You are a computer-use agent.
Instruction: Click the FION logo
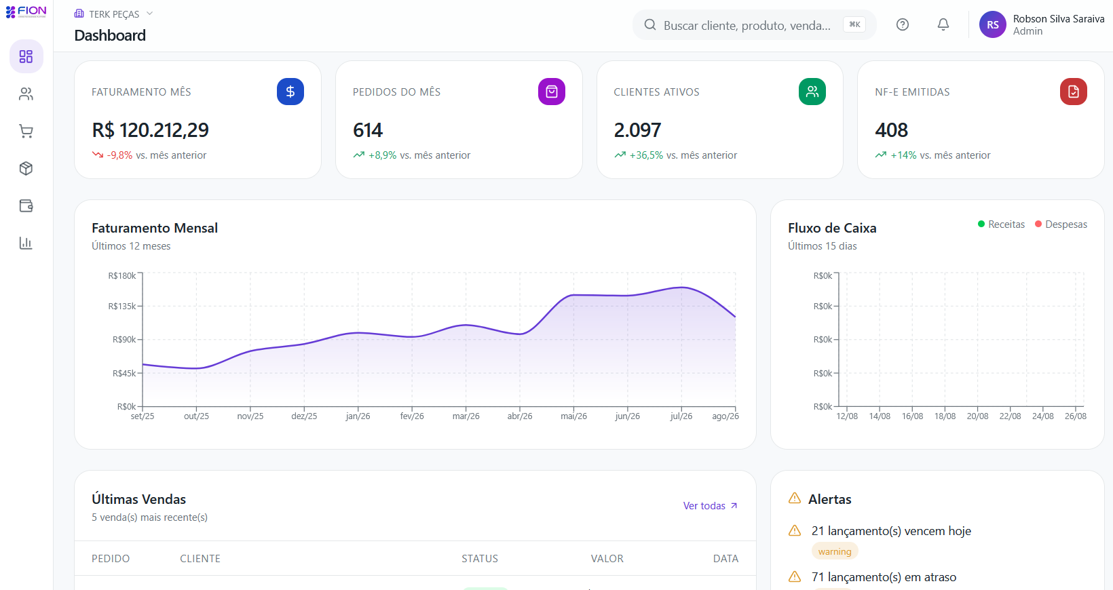(26, 12)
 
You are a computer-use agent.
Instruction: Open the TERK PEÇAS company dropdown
(113, 14)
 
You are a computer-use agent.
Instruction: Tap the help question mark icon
(903, 25)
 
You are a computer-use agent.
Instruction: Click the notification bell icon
(943, 25)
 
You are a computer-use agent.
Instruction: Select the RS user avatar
(993, 25)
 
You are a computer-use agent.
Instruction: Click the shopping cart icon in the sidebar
(26, 131)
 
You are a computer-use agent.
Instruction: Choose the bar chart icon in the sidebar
(26, 243)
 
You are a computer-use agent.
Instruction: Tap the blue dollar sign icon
(290, 92)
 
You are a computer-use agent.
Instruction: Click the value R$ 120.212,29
(150, 130)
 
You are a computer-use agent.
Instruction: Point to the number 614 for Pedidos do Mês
(368, 130)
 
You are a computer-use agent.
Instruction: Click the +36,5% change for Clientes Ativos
(646, 155)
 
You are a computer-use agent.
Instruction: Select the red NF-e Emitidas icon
(1073, 92)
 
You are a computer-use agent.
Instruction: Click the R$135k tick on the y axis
(122, 306)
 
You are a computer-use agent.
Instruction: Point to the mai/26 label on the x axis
(573, 416)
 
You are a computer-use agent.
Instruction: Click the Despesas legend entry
(1061, 224)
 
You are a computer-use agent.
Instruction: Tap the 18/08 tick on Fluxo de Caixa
(945, 416)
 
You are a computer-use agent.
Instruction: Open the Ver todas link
(710, 506)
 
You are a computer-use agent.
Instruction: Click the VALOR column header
(607, 559)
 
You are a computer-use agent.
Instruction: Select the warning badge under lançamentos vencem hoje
(835, 551)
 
